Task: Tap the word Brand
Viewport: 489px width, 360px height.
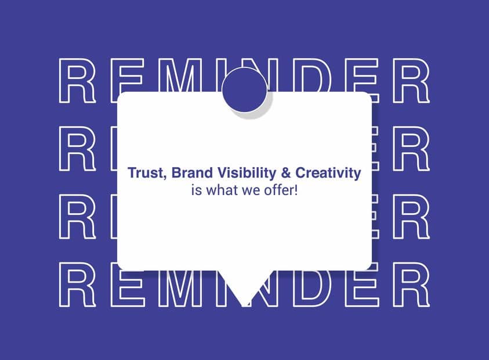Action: click(x=192, y=172)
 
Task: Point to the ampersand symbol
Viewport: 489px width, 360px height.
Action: click(x=285, y=173)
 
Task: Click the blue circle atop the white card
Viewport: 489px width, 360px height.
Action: click(x=245, y=89)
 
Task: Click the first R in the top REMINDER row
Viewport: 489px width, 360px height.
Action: click(x=77, y=81)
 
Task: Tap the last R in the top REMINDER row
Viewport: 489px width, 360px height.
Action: click(x=412, y=81)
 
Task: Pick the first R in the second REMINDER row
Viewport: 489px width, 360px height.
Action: click(x=77, y=149)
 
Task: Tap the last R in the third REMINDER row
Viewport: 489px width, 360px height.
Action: click(x=412, y=217)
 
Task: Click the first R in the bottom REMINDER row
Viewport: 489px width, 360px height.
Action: click(x=77, y=284)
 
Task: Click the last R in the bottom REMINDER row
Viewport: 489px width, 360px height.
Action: click(x=412, y=284)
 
